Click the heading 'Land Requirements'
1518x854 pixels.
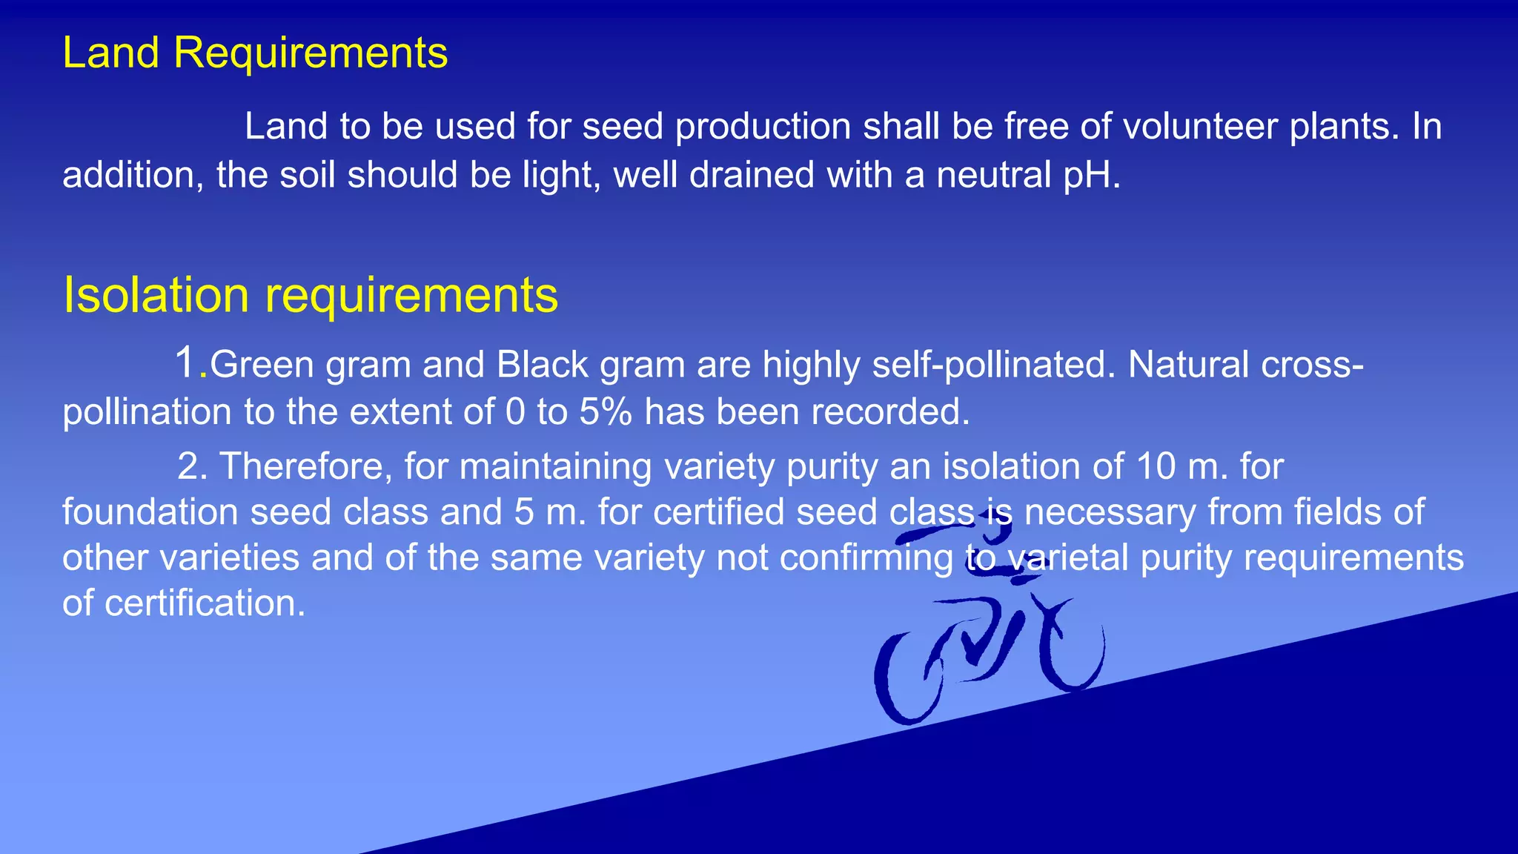click(x=255, y=53)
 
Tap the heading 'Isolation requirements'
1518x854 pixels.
click(x=310, y=295)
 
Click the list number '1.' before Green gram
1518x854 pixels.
click(x=190, y=363)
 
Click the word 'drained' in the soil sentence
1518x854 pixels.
click(x=752, y=175)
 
